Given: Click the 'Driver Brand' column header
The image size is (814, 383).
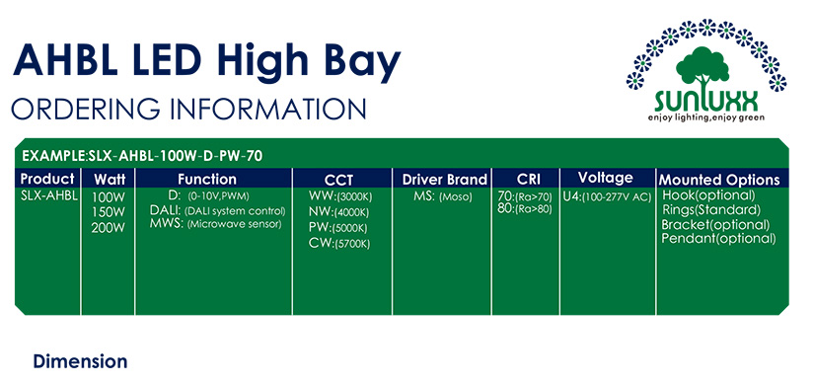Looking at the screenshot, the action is pos(444,180).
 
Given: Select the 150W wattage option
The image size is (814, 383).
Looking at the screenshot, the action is pos(108,212).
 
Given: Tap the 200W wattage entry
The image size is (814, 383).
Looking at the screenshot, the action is pos(108,228).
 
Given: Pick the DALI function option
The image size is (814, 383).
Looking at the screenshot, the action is pos(217,211).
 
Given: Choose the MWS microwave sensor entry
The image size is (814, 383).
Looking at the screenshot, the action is pos(215,224).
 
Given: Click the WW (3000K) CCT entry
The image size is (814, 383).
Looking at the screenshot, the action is pos(340,197).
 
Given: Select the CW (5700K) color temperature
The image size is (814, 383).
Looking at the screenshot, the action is pos(339,243).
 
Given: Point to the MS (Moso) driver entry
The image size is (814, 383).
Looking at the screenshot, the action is pos(443,197).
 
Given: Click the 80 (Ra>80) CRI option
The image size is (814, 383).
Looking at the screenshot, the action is pos(524,209).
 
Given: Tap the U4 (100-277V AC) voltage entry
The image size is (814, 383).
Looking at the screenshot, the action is pos(607,198).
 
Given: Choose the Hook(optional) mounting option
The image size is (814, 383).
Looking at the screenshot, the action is pos(708,195).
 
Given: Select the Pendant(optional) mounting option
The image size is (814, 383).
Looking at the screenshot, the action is pos(718,239).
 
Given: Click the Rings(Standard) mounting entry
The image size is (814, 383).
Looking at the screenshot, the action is pos(711,210).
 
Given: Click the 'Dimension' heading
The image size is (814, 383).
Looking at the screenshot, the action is pos(80,361).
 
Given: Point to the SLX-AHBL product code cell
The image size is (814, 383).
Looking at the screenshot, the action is pos(48,195).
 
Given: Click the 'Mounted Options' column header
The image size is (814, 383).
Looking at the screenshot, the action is pos(719,180).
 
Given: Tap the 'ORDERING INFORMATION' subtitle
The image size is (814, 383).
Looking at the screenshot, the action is pos(188,110).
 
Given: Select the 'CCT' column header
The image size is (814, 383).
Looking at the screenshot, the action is pos(338,181).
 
